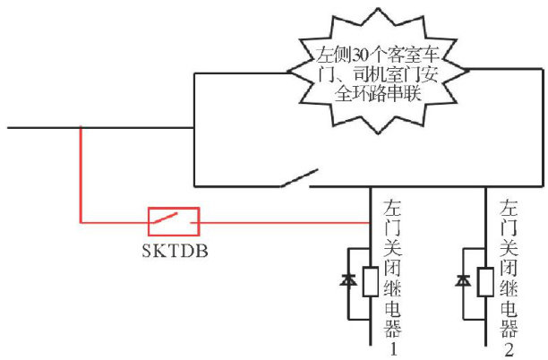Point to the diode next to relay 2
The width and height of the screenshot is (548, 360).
pos(464,280)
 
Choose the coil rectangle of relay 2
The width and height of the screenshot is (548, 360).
pos(484,282)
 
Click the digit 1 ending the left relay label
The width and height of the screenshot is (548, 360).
pos(391,350)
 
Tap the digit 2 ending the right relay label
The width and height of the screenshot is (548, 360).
pos(508,350)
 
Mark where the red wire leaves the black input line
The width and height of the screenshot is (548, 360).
pos(81,128)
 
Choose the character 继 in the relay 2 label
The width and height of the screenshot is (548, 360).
pos(508,289)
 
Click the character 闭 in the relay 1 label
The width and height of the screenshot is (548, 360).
pos(391,268)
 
